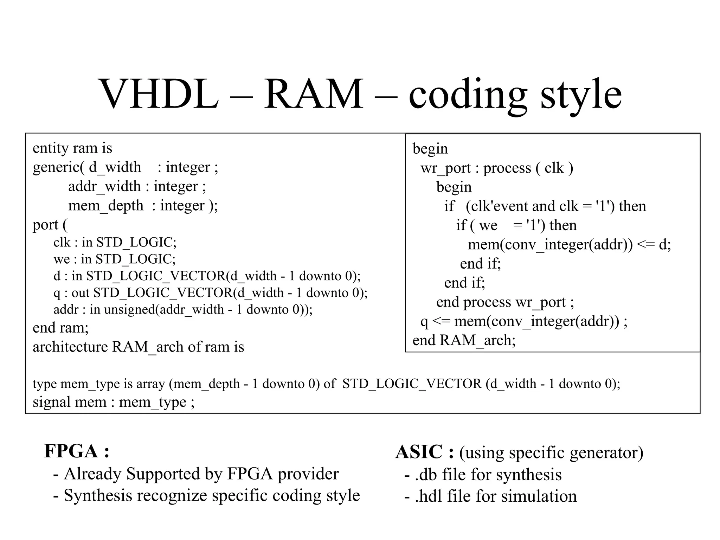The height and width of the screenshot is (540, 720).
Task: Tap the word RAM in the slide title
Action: pos(314,94)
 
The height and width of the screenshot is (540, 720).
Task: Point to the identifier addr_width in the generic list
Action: pos(104,186)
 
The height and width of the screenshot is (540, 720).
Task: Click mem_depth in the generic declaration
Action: pos(105,206)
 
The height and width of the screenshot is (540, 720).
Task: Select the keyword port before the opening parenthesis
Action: pos(46,225)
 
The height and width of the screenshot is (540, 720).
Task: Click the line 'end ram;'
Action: pos(60,328)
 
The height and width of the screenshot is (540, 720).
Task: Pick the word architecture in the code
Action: pos(70,347)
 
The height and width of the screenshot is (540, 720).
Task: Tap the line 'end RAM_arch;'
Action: pos(464,340)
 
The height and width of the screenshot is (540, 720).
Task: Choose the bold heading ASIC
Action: pos(419,452)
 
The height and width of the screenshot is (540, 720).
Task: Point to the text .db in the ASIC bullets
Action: pos(426,475)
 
